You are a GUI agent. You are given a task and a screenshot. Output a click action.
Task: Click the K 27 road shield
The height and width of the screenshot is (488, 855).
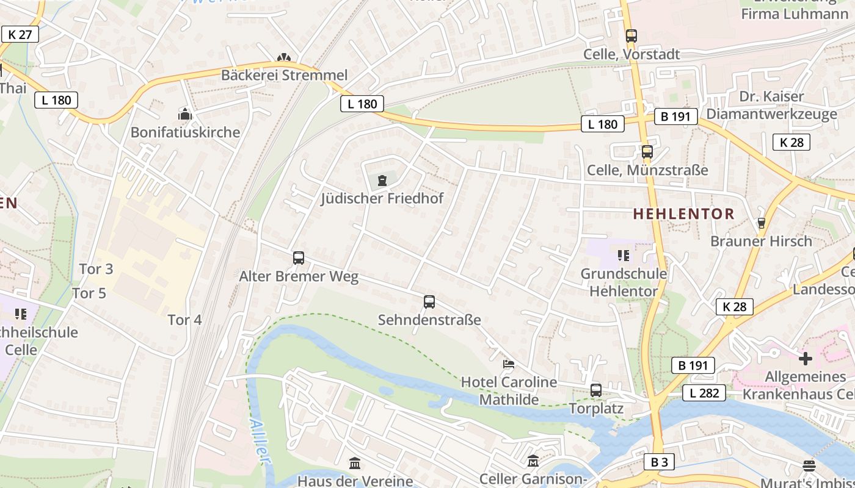pyautogui.click(x=20, y=34)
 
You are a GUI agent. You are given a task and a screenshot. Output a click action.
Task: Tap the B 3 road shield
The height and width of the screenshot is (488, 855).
pyautogui.click(x=659, y=462)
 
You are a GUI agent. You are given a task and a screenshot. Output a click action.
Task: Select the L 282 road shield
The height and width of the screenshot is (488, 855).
pyautogui.click(x=704, y=393)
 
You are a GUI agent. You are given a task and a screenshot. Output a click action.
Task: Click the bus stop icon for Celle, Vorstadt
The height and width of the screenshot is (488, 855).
pyautogui.click(x=631, y=36)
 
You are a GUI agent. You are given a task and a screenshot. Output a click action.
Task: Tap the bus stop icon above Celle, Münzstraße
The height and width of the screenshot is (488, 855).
pyautogui.click(x=647, y=152)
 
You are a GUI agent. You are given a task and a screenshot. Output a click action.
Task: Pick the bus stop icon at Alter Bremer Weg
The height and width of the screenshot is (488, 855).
pyautogui.click(x=298, y=258)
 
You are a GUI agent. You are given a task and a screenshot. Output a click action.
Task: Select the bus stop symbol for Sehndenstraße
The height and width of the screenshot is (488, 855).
pyautogui.click(x=429, y=302)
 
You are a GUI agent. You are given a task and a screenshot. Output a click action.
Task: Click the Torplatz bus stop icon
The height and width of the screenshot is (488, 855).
pyautogui.click(x=595, y=390)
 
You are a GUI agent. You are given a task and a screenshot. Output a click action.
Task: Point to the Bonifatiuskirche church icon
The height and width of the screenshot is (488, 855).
pyautogui.click(x=184, y=114)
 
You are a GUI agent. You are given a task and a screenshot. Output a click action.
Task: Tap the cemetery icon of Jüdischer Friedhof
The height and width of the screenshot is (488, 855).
pyautogui.click(x=382, y=181)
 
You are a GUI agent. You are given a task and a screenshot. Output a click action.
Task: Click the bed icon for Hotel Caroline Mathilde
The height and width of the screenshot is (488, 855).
pyautogui.click(x=508, y=364)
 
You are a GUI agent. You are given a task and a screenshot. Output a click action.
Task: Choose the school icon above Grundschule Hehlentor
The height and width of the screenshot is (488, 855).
pyautogui.click(x=623, y=255)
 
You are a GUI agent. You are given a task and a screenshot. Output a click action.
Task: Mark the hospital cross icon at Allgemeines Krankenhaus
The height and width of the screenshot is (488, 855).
pyautogui.click(x=805, y=358)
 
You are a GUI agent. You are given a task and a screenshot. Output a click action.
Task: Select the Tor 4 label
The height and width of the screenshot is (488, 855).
pyautogui.click(x=184, y=320)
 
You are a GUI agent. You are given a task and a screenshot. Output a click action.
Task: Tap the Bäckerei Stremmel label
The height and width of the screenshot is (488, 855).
pyautogui.click(x=284, y=75)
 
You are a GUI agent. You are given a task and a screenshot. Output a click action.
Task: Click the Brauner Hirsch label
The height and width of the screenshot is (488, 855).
pyautogui.click(x=761, y=241)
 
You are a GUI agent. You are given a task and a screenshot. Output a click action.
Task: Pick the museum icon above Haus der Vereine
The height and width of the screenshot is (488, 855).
pyautogui.click(x=355, y=464)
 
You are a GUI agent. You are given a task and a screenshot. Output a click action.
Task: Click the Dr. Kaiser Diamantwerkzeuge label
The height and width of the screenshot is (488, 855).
pyautogui.click(x=771, y=105)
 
